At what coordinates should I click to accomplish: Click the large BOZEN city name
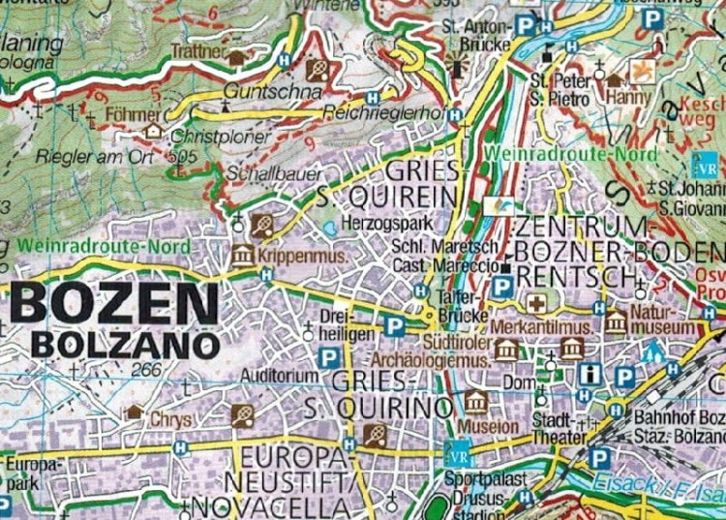(x=115, y=305)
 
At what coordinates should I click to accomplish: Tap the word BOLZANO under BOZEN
(x=125, y=344)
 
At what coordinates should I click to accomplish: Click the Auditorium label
(x=280, y=376)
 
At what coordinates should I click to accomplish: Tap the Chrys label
(x=171, y=419)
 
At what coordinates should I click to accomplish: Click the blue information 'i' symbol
(x=590, y=374)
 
